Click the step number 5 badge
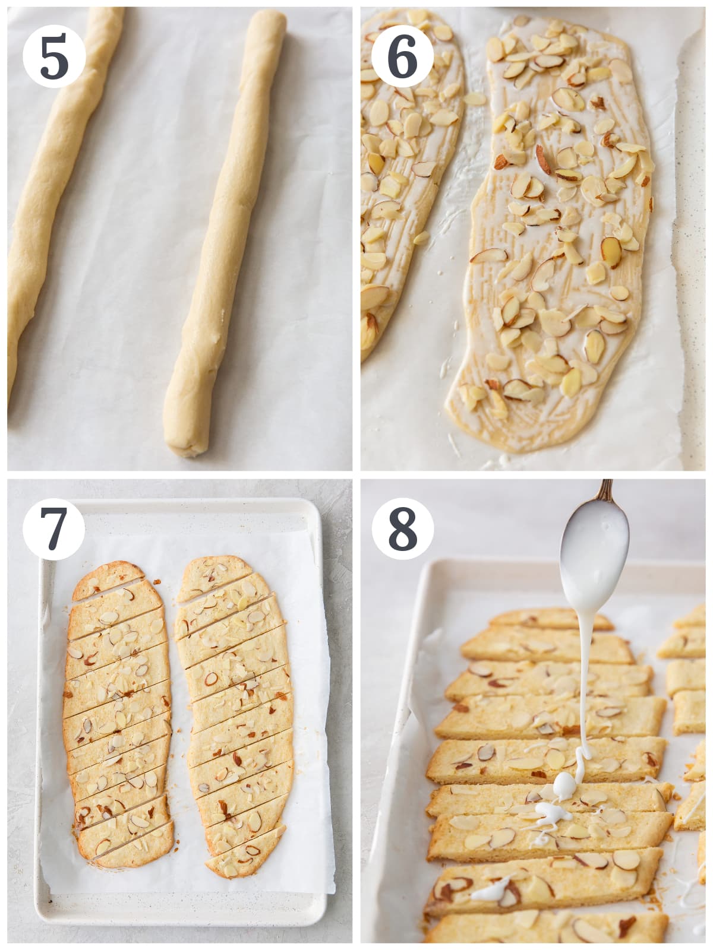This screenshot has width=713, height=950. coord(54,56)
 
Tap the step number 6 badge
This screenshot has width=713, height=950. coord(402,56)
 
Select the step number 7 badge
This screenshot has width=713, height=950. coord(54,528)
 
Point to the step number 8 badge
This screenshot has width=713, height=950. coord(402,528)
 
